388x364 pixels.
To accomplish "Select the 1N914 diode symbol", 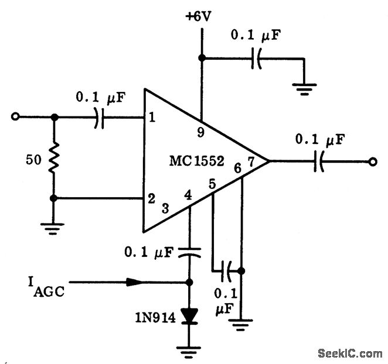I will (189, 315).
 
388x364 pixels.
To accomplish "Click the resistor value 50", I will (33, 159).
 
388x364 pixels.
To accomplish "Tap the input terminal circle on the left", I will (16, 117).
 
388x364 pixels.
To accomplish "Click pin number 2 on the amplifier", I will (152, 198).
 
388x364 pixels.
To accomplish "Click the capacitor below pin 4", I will (189, 252).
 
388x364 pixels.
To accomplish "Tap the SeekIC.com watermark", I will (350, 353).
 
